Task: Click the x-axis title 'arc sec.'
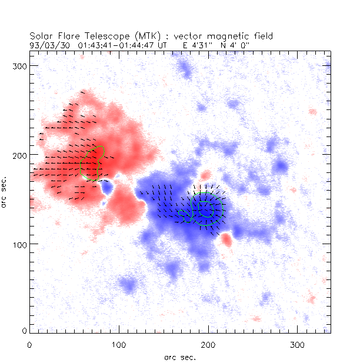click(180, 357)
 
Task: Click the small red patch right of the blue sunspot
click(226, 239)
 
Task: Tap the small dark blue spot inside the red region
click(106, 187)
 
